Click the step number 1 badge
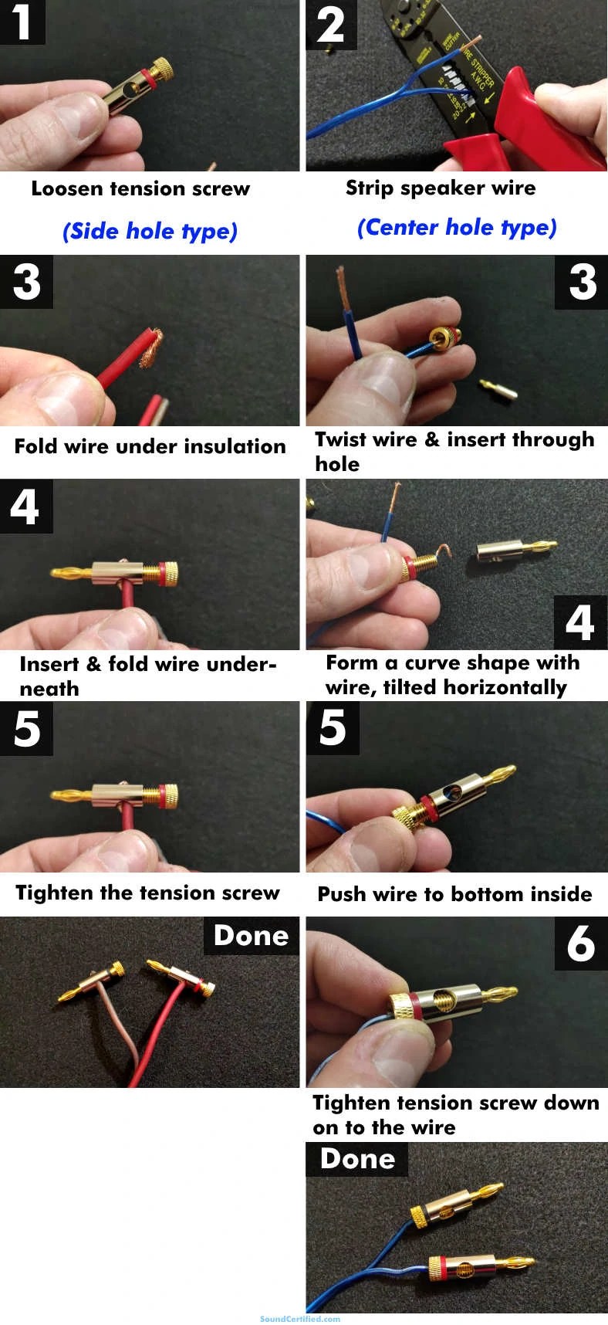tap(22, 22)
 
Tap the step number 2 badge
tap(331, 24)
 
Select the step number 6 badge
tap(580, 944)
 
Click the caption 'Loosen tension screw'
tap(140, 189)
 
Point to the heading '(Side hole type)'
tap(150, 231)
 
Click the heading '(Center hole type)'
tap(457, 228)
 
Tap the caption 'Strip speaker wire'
tap(440, 188)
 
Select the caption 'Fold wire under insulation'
tap(150, 446)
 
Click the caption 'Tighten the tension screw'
tap(147, 893)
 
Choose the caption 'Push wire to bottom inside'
tap(454, 894)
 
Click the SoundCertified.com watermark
tap(300, 1319)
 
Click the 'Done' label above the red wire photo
tap(251, 936)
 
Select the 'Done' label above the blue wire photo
tap(356, 1159)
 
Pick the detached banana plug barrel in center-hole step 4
tap(513, 551)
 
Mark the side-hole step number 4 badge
tap(25, 507)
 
